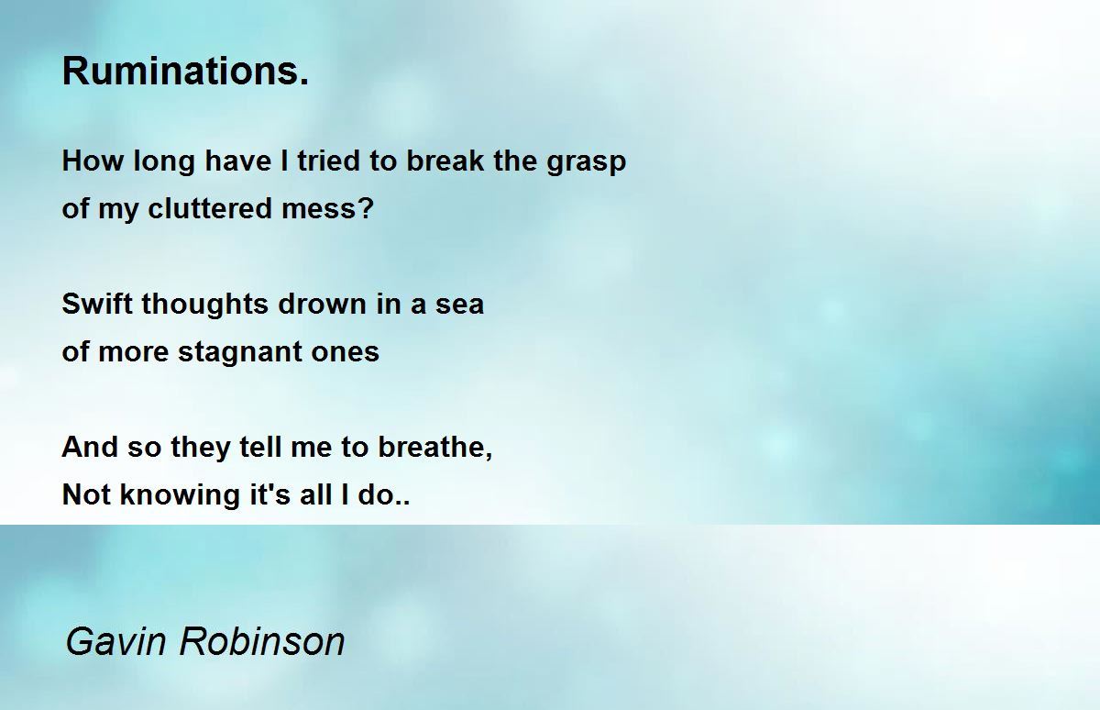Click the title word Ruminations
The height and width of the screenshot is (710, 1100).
click(x=185, y=72)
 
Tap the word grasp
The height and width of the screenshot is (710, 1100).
click(x=587, y=162)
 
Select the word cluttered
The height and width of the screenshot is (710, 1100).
click(x=210, y=208)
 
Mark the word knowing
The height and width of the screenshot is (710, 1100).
click(x=180, y=495)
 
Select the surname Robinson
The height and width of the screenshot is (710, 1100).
click(x=262, y=642)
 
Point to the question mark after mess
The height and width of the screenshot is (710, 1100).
click(x=366, y=208)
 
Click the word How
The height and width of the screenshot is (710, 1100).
click(x=93, y=161)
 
